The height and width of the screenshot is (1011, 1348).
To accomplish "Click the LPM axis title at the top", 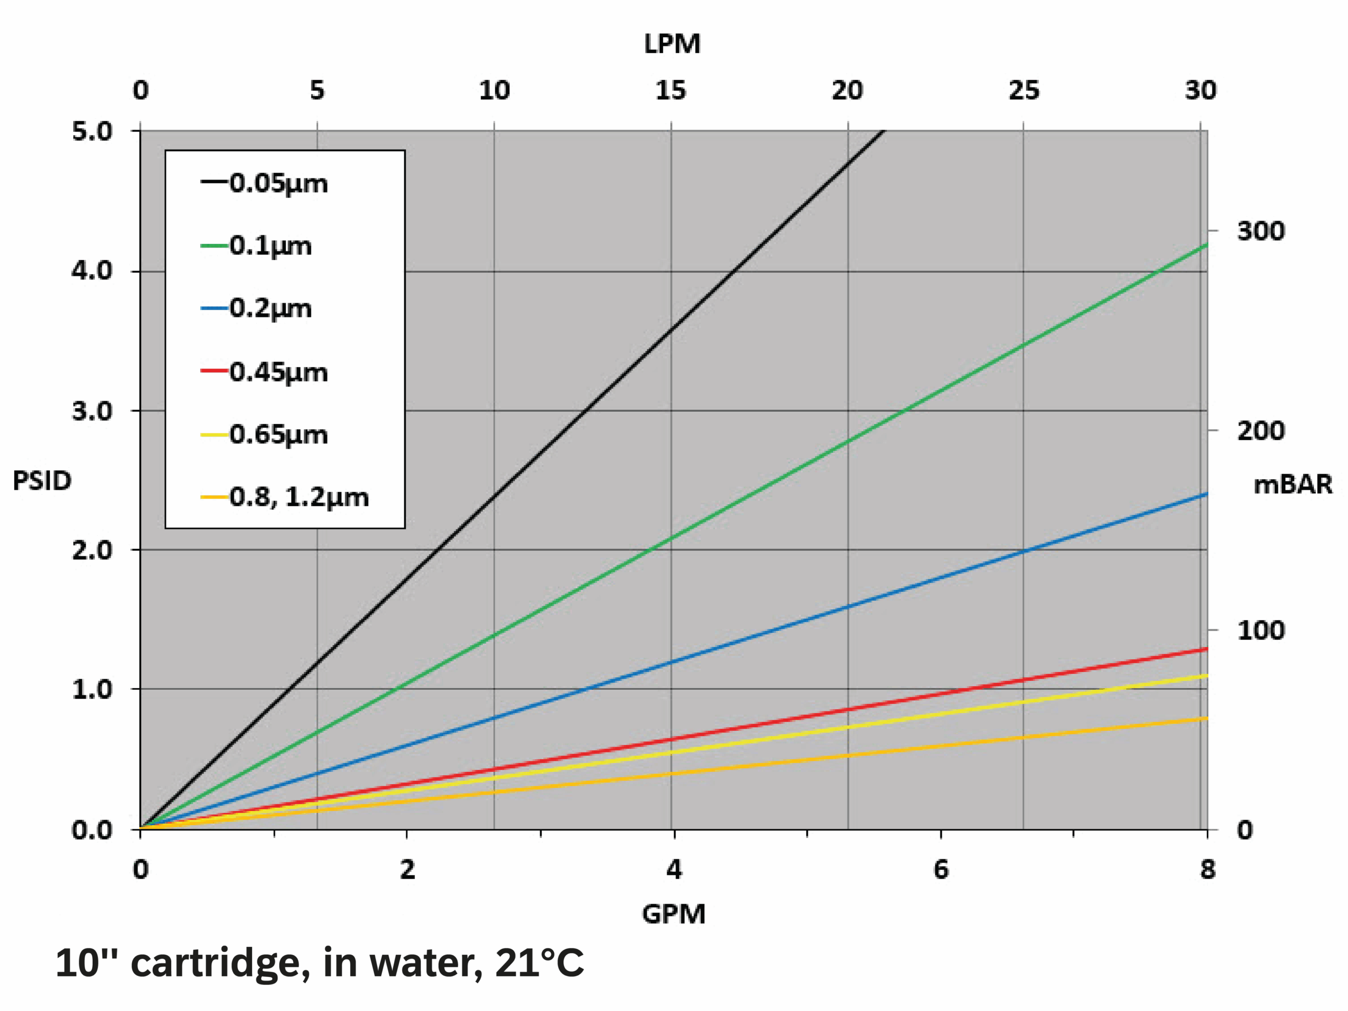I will pyautogui.click(x=672, y=44).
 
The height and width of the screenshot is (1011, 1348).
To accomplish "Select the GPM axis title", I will pyautogui.click(x=673, y=914).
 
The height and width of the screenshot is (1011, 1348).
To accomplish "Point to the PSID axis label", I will pyautogui.click(x=42, y=481).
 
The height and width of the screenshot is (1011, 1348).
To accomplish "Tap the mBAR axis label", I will pyautogui.click(x=1293, y=484).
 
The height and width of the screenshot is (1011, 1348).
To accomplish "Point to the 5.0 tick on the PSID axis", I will pyautogui.click(x=92, y=131).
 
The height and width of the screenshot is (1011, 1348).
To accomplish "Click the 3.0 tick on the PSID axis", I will pyautogui.click(x=92, y=411).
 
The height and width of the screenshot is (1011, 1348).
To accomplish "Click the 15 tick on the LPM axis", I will pyautogui.click(x=670, y=90).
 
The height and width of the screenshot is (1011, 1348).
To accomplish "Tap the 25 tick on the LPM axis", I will pyautogui.click(x=1024, y=90).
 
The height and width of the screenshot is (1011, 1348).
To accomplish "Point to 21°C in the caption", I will pyautogui.click(x=539, y=963).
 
